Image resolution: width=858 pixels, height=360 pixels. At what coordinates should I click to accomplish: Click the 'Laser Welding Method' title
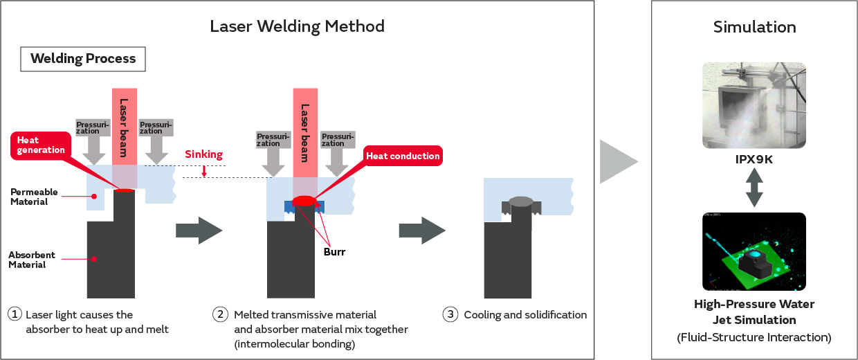[297, 27]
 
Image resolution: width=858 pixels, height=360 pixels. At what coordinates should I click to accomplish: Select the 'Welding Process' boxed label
[83, 59]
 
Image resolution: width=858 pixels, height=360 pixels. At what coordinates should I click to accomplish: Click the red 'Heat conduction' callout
[402, 156]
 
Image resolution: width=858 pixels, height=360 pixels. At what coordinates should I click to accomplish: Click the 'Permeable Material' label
[33, 197]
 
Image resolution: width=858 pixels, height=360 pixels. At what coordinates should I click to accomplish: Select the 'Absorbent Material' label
[32, 260]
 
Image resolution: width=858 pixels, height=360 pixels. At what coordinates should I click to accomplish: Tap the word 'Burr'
[334, 252]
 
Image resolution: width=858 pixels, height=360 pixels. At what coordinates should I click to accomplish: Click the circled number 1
[15, 314]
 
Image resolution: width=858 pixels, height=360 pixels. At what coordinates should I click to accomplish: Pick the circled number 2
[220, 314]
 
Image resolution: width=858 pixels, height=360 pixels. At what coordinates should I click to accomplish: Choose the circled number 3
[450, 314]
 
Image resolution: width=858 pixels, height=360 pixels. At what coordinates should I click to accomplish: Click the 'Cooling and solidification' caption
[525, 315]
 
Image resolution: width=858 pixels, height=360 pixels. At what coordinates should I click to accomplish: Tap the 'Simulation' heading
[754, 27]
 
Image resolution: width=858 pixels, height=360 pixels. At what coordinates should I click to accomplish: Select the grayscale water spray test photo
[754, 105]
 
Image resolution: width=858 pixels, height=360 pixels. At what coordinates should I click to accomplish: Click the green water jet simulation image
[754, 251]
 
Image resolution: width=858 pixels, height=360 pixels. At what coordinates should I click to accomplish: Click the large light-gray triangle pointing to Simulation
[617, 161]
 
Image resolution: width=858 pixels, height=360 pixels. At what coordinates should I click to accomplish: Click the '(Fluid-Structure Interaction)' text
[754, 338]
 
